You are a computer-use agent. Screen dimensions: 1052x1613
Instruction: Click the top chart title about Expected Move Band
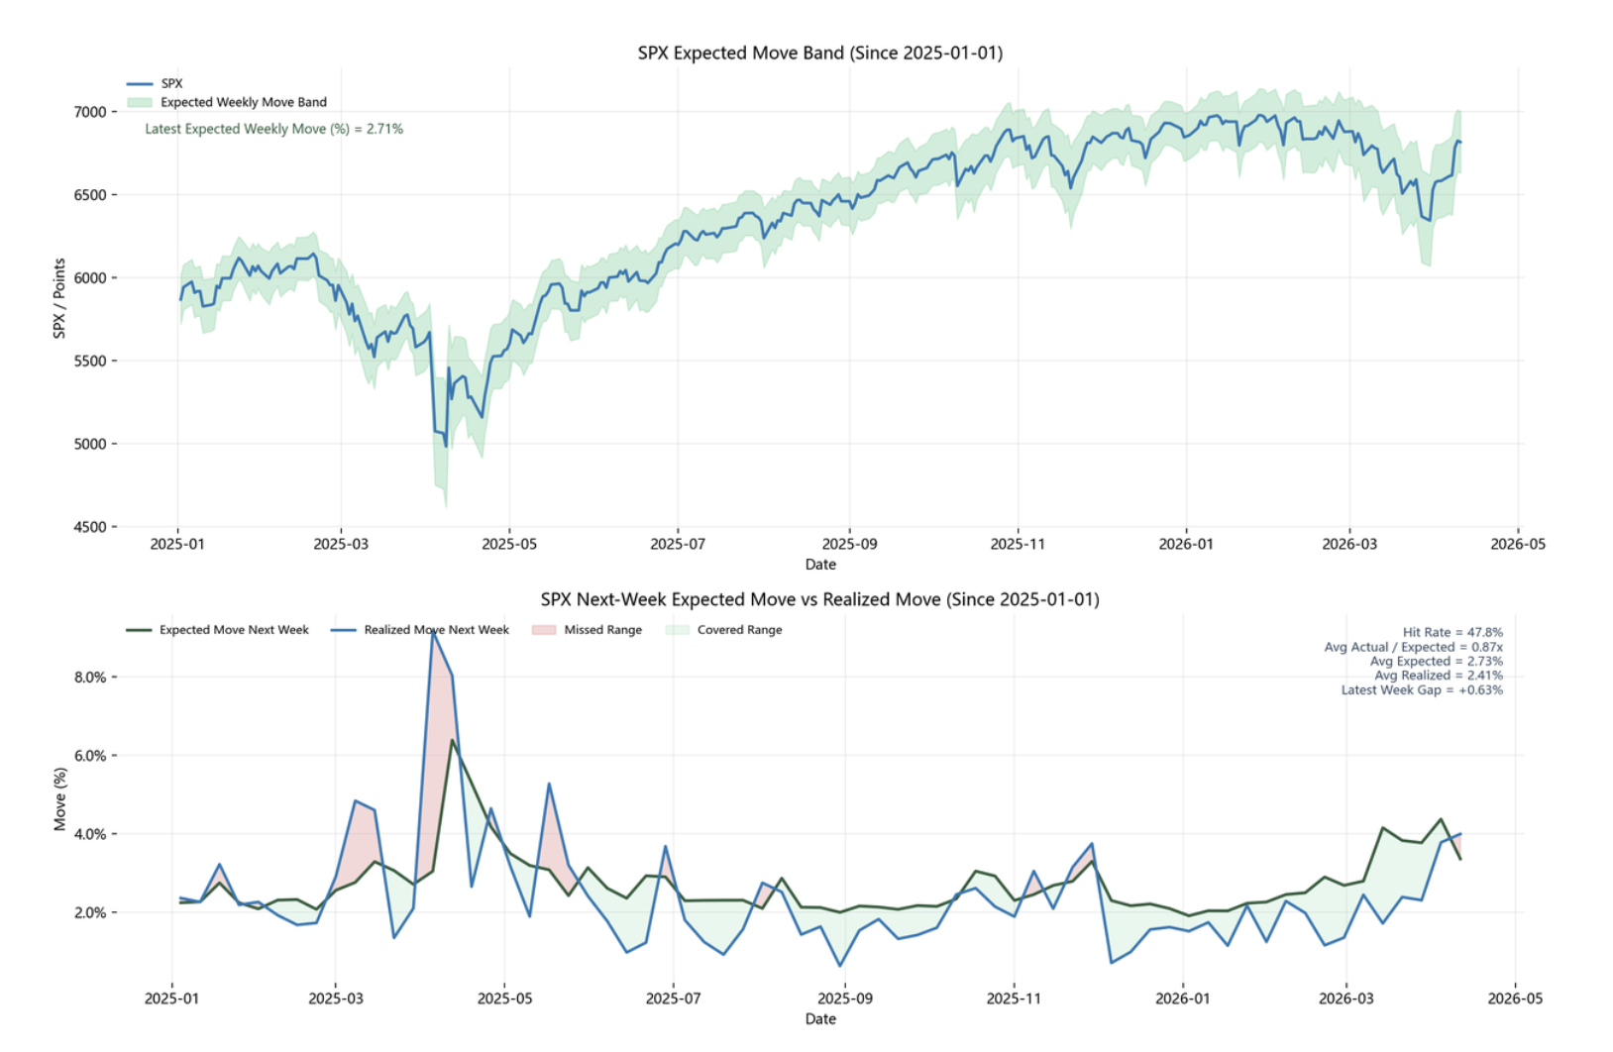[819, 53]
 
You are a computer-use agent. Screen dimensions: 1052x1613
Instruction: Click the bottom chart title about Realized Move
[819, 599]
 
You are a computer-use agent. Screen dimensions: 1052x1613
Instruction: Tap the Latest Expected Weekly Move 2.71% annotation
[273, 129]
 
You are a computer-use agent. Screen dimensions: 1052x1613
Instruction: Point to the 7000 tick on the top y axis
[89, 112]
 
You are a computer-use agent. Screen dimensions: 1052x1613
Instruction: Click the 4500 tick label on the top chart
[89, 527]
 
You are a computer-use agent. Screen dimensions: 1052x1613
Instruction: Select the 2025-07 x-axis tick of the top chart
[678, 544]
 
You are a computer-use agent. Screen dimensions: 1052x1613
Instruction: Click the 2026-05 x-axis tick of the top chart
[1518, 544]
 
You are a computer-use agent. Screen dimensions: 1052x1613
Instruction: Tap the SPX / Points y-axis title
[59, 298]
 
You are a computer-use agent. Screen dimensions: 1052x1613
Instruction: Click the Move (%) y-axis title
[59, 799]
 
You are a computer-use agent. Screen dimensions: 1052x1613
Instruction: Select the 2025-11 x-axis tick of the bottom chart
[1014, 999]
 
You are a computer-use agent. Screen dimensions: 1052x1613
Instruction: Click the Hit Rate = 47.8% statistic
[1452, 632]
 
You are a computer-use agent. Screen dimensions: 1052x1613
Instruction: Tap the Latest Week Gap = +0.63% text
[1422, 690]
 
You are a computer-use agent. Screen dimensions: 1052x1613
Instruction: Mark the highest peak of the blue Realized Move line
[433, 632]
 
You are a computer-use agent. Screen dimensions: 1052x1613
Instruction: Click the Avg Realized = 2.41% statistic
[1438, 676]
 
